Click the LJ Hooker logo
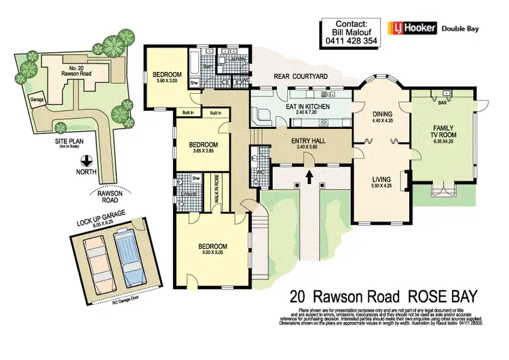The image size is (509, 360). tap(411, 28)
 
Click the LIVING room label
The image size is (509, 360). tap(381, 179)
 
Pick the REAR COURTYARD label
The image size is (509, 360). tap(302, 77)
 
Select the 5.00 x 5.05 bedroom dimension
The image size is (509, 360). tap(212, 253)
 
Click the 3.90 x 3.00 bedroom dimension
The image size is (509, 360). tap(166, 80)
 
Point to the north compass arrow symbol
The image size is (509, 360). tap(86, 161)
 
